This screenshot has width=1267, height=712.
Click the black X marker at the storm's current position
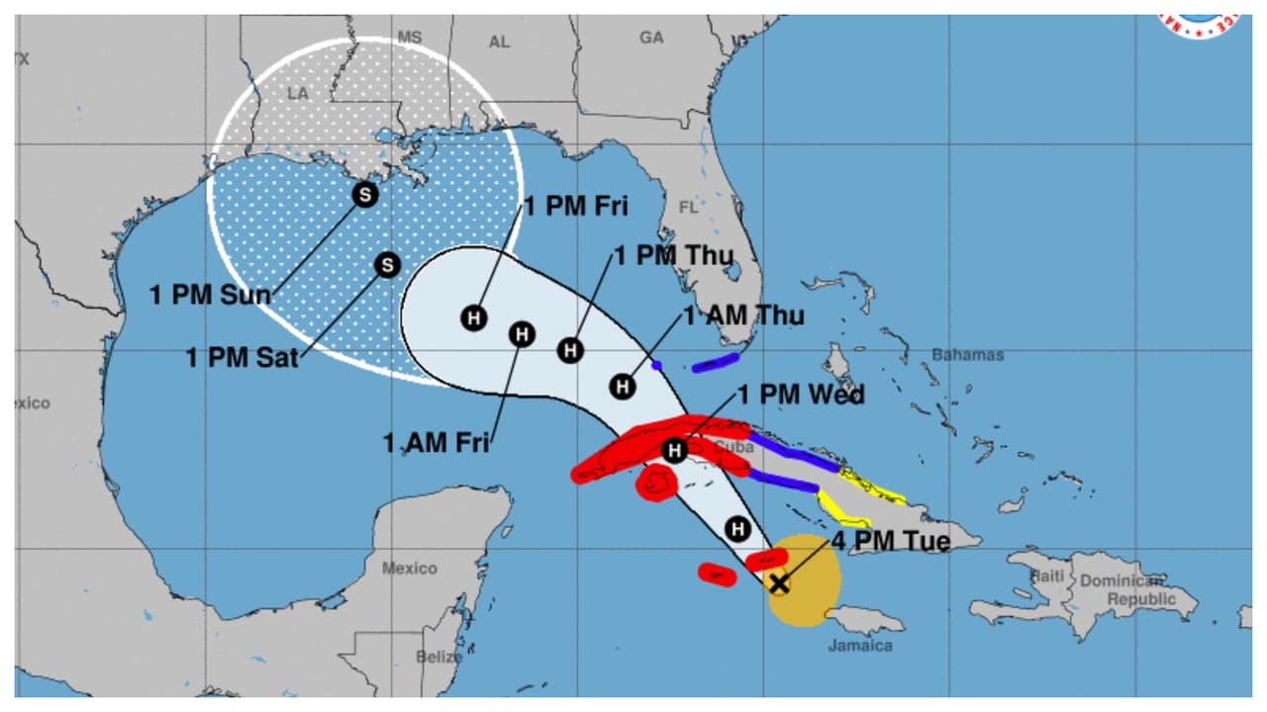point(779,583)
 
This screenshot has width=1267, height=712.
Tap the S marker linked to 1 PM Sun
point(365,195)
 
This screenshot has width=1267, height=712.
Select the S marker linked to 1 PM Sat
point(387,265)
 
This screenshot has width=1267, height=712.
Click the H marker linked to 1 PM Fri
point(474,318)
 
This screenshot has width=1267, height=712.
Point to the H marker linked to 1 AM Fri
point(522,334)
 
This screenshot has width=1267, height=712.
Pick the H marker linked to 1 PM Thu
point(569,350)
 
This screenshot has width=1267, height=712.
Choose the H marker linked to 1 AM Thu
point(622,386)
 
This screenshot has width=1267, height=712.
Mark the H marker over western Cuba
point(674,451)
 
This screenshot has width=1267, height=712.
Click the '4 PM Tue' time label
point(890,542)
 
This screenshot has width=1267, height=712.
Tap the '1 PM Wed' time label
point(801,396)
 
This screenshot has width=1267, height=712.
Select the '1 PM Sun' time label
point(210,295)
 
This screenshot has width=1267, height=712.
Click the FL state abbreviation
point(688,208)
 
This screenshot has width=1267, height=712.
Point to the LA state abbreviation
point(298,93)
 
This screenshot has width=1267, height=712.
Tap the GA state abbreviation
point(651,38)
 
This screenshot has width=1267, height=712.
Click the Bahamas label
point(967,354)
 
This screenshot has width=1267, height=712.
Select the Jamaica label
point(860,646)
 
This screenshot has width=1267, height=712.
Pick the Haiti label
point(1046,576)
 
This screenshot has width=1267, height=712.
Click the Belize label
point(439,657)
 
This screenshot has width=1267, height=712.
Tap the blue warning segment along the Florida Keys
point(716,363)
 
